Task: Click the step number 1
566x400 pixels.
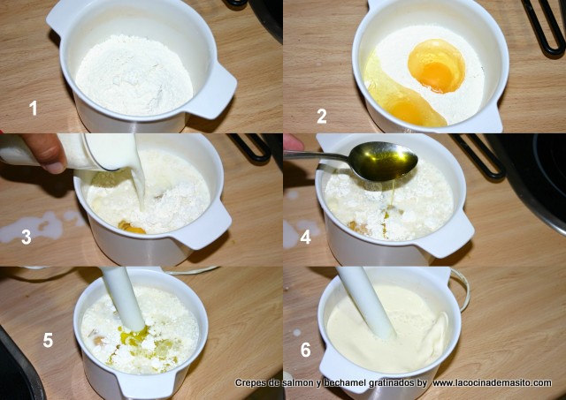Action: pos(34,108)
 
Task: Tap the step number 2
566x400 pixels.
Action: pos(322,117)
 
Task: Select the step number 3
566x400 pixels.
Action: pos(27,237)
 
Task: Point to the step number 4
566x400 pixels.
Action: pos(305,237)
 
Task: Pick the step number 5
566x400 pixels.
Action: pos(48,340)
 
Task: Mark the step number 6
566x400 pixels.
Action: pos(305,349)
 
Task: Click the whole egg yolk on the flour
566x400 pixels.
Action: pos(437,66)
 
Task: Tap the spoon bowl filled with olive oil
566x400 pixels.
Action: pos(383,161)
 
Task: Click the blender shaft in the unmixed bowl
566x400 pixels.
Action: pos(125,299)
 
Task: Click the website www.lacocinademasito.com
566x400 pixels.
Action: pos(493,382)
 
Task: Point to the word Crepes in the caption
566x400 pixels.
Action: pos(249,382)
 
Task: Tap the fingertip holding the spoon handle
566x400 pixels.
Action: pos(293,143)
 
